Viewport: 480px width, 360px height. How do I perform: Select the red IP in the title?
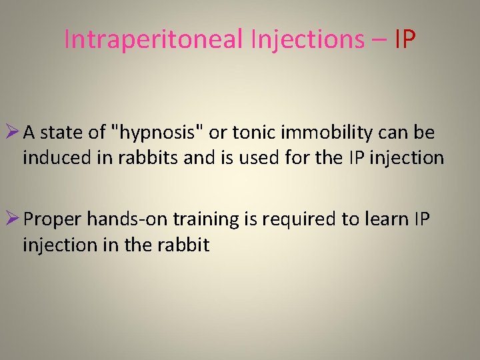(405, 40)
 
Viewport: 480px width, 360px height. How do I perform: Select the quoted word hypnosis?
(159, 133)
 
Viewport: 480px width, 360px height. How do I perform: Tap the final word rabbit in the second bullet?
(185, 245)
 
